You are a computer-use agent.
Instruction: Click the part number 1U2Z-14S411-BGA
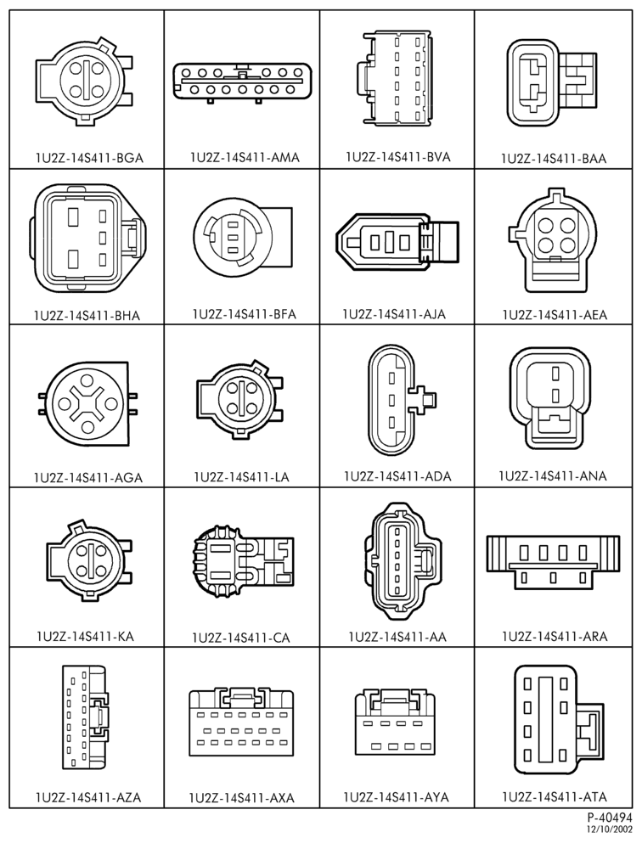89,158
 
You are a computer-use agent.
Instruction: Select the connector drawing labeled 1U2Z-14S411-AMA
243,82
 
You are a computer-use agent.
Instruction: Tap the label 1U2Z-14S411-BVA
398,157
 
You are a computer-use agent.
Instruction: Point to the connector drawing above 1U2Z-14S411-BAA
553,83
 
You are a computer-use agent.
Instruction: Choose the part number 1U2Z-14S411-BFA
245,314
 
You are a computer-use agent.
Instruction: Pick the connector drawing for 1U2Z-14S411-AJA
397,241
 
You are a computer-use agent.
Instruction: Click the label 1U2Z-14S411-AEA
555,315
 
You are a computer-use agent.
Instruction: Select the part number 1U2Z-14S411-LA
242,477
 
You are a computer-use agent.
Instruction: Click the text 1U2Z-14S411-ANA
553,476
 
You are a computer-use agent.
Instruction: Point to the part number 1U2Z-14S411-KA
85,636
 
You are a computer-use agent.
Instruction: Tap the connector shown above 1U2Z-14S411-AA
402,561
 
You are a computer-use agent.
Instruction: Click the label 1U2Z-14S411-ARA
555,636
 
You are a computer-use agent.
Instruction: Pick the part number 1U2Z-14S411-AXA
242,797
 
